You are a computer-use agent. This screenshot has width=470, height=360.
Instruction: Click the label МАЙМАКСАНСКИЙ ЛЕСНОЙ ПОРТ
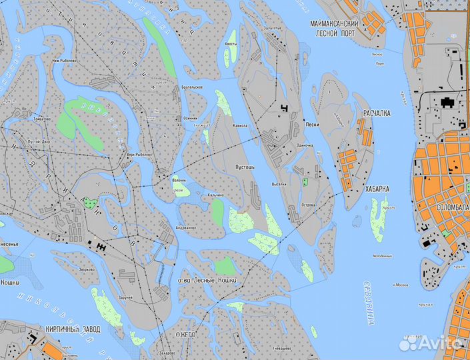tap(335, 27)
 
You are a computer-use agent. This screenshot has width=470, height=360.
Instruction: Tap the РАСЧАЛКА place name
tap(377, 114)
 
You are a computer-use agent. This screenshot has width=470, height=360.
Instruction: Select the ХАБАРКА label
tap(377, 189)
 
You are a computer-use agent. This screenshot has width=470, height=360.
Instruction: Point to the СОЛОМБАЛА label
tap(453, 207)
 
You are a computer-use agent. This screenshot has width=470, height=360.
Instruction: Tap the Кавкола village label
tap(240, 125)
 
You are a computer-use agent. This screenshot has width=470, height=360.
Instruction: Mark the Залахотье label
tap(272, 29)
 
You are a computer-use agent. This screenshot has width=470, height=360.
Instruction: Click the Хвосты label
tap(231, 43)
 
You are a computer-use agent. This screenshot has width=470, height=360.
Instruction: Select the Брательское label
tap(193, 88)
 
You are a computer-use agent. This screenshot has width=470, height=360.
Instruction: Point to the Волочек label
tap(179, 180)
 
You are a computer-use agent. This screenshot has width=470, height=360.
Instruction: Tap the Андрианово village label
tap(186, 227)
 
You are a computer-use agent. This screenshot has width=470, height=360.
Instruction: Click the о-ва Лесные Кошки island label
tap(206, 280)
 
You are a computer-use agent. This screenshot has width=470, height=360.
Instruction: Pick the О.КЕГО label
tap(188, 333)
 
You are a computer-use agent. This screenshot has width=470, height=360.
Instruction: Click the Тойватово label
tap(41, 119)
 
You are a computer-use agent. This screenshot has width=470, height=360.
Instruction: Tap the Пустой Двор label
tap(39, 141)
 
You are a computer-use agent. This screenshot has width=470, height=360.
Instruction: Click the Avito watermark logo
tap(431, 343)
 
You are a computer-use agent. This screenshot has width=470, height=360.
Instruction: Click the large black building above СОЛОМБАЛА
tap(445, 102)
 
